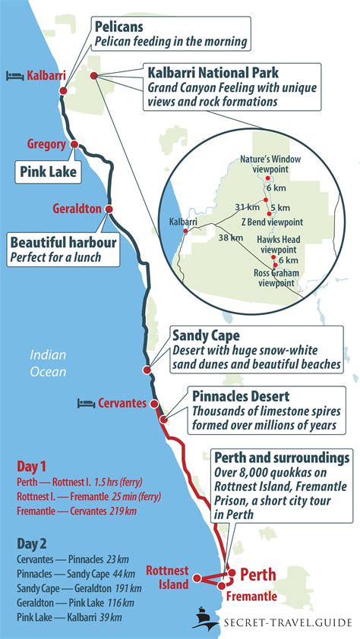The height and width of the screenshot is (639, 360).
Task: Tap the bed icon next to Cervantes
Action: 86,403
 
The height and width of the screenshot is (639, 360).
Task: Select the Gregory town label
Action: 47,144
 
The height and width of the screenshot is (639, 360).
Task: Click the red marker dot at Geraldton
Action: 109,209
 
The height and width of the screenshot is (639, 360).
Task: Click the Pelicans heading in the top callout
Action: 119,27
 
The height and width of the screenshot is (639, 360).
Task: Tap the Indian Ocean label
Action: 49,364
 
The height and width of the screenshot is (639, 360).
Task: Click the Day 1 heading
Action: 33,467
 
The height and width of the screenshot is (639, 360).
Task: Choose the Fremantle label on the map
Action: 252,597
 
